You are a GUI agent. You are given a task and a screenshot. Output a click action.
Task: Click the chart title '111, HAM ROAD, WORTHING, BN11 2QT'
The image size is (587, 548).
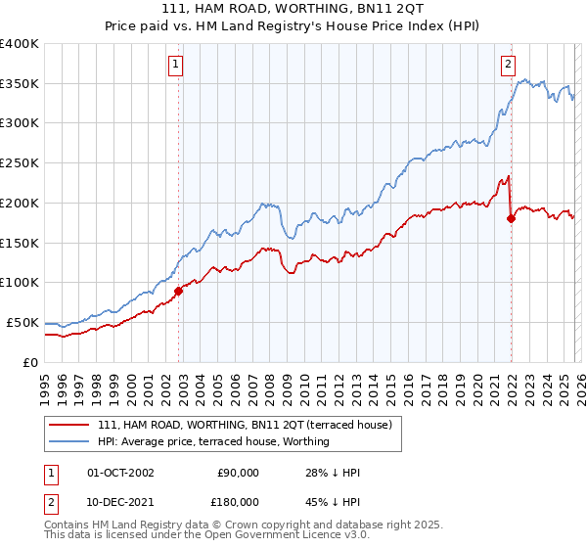293,9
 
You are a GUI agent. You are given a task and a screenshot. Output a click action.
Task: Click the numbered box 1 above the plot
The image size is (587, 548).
175,66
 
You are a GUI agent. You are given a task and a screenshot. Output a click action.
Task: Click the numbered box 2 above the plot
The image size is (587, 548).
509,66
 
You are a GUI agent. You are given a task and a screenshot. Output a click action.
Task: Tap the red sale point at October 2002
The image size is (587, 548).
178,291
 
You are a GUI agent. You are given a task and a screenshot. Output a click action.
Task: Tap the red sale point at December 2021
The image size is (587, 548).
511,218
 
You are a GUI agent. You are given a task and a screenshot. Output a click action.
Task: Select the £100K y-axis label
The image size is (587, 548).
21,282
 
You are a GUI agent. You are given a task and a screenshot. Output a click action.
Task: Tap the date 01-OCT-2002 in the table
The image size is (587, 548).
120,473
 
